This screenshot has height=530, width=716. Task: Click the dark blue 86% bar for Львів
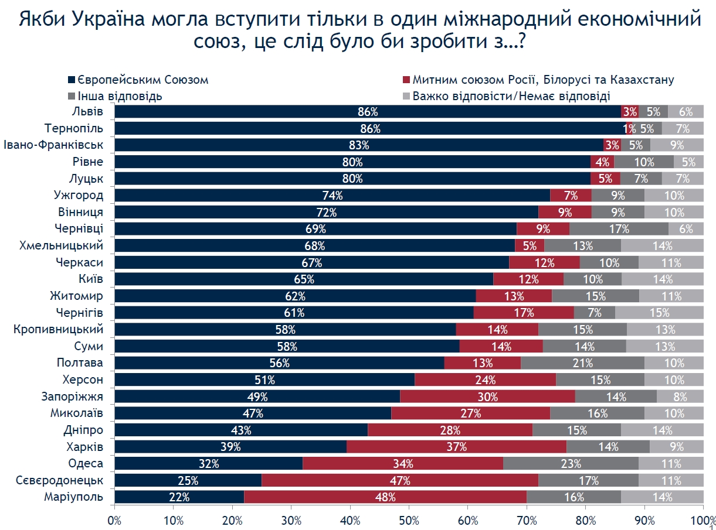tap(368, 112)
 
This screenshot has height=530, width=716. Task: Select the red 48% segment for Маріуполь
tap(385, 498)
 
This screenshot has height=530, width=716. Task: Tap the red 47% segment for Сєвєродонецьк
tap(399, 481)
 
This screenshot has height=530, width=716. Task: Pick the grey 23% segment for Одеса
tap(570, 464)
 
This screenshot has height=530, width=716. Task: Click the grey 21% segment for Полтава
tap(582, 363)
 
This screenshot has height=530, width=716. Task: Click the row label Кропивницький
tap(59, 329)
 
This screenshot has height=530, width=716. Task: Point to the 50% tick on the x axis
tap(409, 519)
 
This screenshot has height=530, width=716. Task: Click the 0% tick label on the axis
tap(114, 519)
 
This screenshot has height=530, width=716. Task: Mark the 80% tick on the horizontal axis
tap(586, 519)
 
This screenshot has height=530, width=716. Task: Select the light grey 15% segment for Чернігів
tap(659, 313)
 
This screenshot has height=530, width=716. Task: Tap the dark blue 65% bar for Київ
tap(304, 279)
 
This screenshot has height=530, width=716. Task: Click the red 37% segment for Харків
tap(456, 447)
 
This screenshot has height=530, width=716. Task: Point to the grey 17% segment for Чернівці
tap(619, 229)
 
